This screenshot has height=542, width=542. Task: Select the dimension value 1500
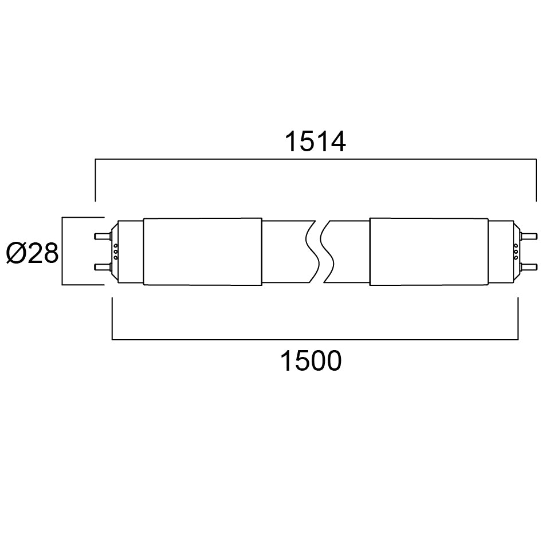click(x=310, y=362)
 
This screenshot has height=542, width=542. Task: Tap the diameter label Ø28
click(x=33, y=253)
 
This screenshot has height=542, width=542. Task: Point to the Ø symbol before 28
click(x=17, y=253)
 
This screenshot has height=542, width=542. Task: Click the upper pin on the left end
click(x=102, y=236)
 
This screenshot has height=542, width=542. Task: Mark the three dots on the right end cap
click(x=515, y=252)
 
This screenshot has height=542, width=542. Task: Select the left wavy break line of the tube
click(x=311, y=252)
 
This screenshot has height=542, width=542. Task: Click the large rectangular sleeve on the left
click(x=202, y=252)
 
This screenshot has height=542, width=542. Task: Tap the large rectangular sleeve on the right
click(x=428, y=252)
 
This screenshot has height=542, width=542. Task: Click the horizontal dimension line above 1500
click(x=315, y=340)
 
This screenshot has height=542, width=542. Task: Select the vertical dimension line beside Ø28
click(x=62, y=252)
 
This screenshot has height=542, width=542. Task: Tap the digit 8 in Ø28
click(x=50, y=253)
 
